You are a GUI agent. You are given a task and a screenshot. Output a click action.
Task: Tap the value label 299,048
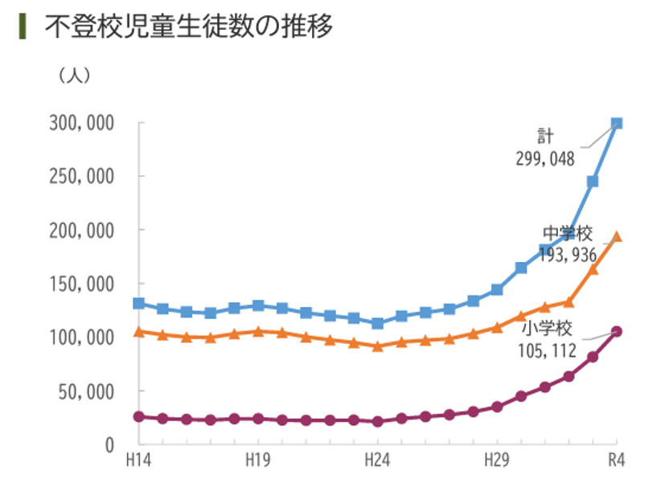pyautogui.click(x=545, y=159)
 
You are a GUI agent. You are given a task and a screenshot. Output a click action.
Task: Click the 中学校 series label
pyautogui.click(x=567, y=235)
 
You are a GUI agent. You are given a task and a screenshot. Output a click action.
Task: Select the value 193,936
pyautogui.click(x=567, y=256)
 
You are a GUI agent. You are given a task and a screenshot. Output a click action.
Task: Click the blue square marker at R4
pyautogui.click(x=617, y=123)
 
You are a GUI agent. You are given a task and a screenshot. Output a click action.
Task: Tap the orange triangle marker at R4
pyautogui.click(x=617, y=237)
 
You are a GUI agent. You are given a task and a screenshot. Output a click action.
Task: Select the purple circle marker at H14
pyautogui.click(x=138, y=416)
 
